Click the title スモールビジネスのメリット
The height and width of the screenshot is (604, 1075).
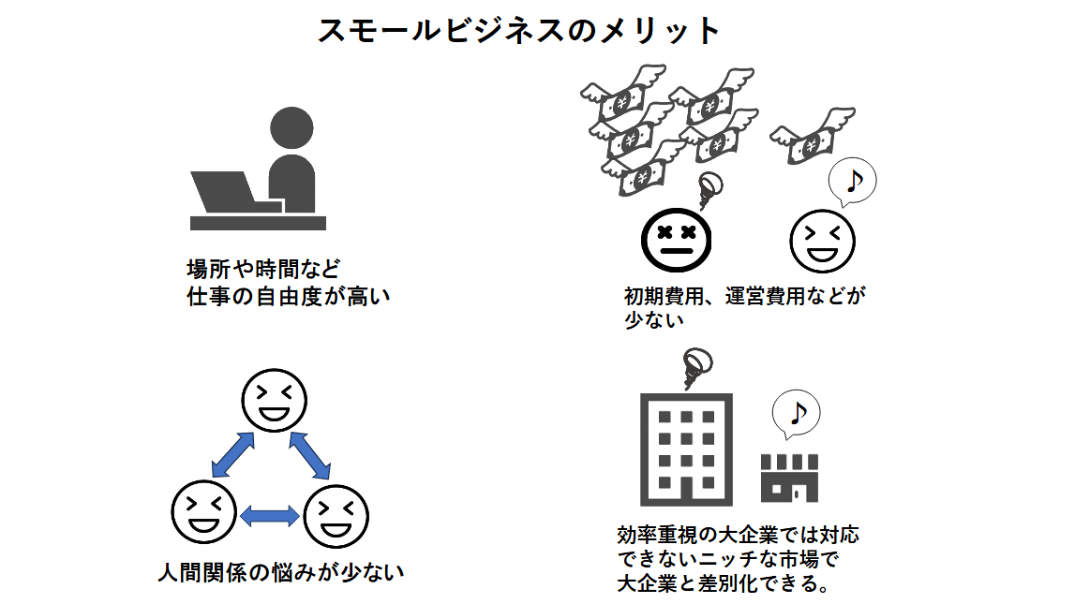(518, 31)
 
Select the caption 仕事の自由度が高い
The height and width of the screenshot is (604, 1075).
(288, 297)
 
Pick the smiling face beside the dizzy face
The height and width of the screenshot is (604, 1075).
(823, 240)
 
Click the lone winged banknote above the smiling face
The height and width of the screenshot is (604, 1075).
(813, 137)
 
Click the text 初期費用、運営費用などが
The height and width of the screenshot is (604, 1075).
(744, 297)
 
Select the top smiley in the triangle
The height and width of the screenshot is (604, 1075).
(275, 400)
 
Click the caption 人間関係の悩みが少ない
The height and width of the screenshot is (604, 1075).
(281, 570)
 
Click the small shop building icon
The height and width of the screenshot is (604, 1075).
(789, 477)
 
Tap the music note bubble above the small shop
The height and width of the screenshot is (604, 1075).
(795, 412)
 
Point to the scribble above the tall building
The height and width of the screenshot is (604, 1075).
(696, 367)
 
